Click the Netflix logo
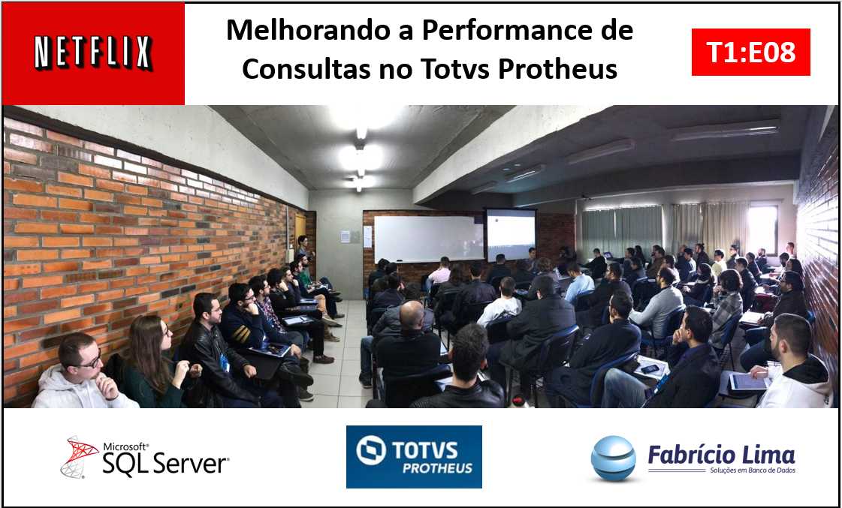[93, 53]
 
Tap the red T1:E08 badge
[750, 53]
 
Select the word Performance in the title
[513, 30]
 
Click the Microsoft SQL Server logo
[144, 457]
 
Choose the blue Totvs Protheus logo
[414, 457]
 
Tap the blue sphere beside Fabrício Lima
[613, 458]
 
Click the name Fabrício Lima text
[721, 455]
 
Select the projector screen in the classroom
[511, 235]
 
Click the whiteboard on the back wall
[429, 239]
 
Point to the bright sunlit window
[762, 230]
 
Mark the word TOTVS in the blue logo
[425, 450]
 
